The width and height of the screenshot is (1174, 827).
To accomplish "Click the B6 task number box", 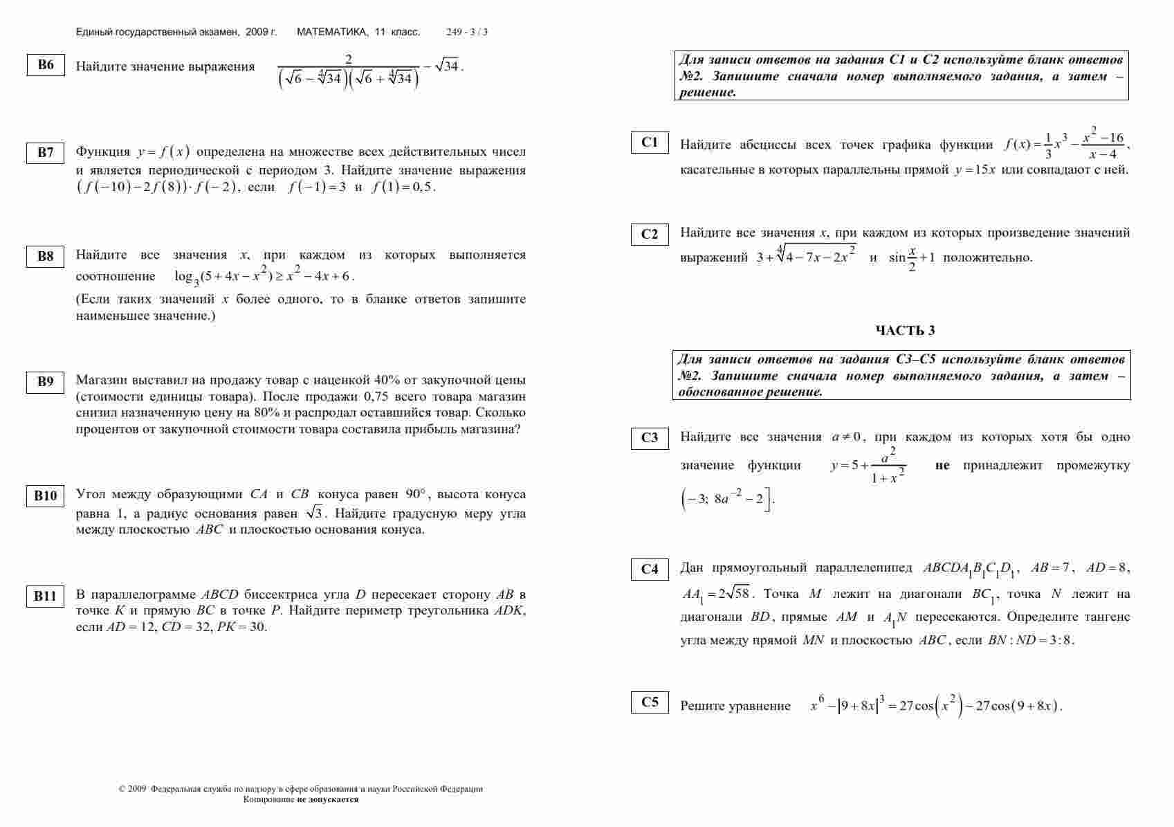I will click(46, 65).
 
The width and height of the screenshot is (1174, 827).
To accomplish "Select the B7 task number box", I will click(46, 153).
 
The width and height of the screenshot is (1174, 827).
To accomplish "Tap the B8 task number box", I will click(46, 257).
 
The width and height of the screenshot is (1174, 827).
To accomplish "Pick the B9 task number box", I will click(46, 382).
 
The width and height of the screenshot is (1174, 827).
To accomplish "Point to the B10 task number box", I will click(46, 496).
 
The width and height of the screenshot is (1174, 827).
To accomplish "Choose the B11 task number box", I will click(46, 596).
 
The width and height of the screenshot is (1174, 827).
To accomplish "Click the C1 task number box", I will click(650, 143).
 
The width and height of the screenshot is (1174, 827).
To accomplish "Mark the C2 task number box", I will click(650, 234).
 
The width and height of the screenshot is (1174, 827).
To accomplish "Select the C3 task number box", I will click(650, 438).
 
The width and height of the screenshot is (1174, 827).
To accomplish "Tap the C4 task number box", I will click(650, 570).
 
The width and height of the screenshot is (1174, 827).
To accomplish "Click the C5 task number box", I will click(650, 702).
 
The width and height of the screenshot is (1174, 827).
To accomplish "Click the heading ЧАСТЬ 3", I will click(905, 331).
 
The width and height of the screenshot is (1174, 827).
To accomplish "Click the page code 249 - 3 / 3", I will click(467, 32).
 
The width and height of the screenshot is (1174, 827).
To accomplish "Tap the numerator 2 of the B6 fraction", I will click(349, 60).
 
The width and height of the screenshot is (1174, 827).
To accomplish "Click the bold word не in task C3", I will click(942, 466).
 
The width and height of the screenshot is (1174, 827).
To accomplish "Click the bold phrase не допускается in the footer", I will click(328, 799).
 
